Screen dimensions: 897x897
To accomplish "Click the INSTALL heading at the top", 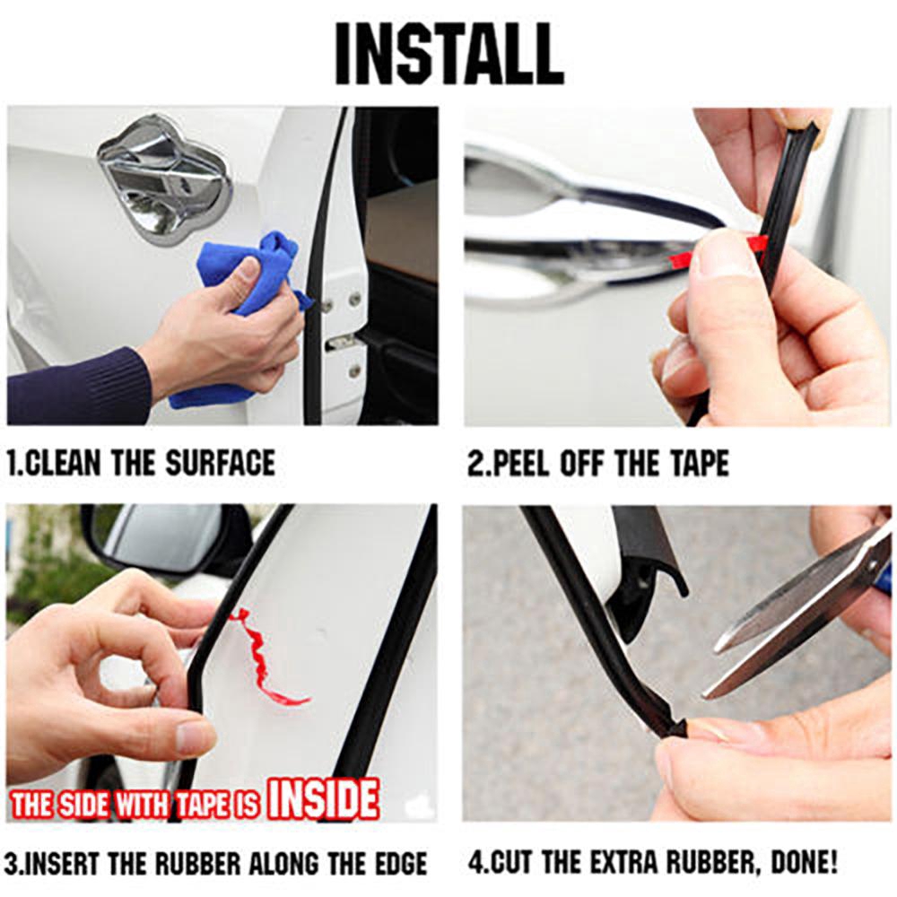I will tap(448, 54).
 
